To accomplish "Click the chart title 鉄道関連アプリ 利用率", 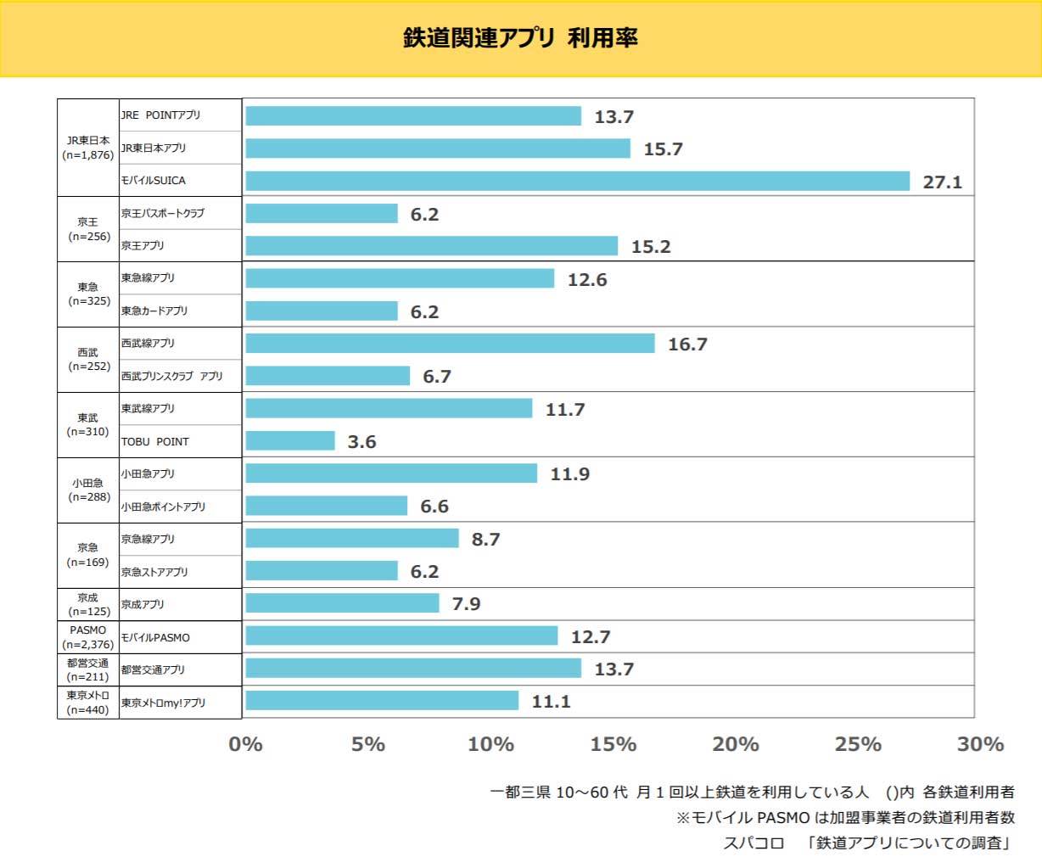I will click(x=520, y=38).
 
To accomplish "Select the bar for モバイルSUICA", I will click(x=577, y=181).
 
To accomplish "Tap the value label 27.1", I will click(x=942, y=182).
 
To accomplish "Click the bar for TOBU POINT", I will click(x=290, y=441).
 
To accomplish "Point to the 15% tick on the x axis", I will click(x=613, y=744).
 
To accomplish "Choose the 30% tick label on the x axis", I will click(x=980, y=744).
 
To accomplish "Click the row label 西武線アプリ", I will click(x=148, y=344).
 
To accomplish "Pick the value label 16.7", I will click(x=687, y=344).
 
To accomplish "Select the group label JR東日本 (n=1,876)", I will click(x=88, y=148).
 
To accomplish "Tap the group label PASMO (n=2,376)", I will click(x=88, y=637).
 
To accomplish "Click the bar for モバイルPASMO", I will click(x=401, y=636).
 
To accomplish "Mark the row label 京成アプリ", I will click(x=143, y=605).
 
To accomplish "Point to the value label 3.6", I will click(x=361, y=442).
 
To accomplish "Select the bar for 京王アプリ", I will click(x=431, y=246).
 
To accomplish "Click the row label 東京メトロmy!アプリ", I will click(x=163, y=703).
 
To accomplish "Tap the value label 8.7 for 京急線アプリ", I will click(x=485, y=540).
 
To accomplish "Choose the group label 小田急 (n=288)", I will click(x=88, y=490).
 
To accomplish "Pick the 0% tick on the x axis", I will click(x=245, y=744).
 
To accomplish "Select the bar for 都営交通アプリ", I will click(x=413, y=669).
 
